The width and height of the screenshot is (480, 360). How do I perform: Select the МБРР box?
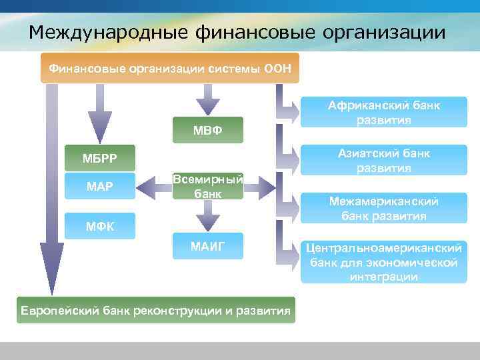[x=99, y=157]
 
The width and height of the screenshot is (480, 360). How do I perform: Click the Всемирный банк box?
[x=208, y=186]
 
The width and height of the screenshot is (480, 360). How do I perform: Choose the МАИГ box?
[x=208, y=247]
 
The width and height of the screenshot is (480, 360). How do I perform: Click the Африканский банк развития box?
[x=383, y=113]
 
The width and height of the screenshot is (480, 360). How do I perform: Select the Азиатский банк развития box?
[x=383, y=161]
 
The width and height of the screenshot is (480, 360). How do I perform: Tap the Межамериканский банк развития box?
[x=383, y=209]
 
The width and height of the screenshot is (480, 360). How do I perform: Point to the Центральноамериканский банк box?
[x=383, y=261]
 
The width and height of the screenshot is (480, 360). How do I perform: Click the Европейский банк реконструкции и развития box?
[x=155, y=310]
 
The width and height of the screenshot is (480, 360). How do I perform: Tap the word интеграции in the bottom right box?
[x=383, y=277]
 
